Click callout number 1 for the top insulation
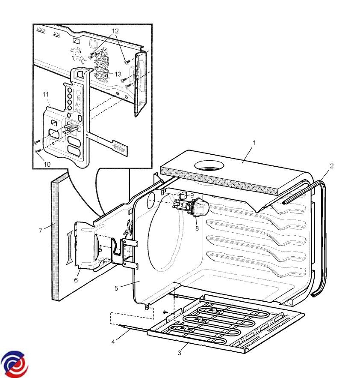pos(254,143)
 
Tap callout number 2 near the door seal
pos(331,165)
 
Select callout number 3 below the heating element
pos(180,353)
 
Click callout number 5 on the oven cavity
pos(116,288)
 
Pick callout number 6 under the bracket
pos(76,280)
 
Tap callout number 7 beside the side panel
pos(40,231)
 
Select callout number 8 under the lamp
pos(197,228)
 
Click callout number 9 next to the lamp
pos(192,195)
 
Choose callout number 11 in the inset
pos(46,93)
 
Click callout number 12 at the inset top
pos(115,31)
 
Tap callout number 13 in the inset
pos(118,74)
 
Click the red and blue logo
pos(15,364)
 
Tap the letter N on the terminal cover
pos(79,99)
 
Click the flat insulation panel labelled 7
pos(60,240)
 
